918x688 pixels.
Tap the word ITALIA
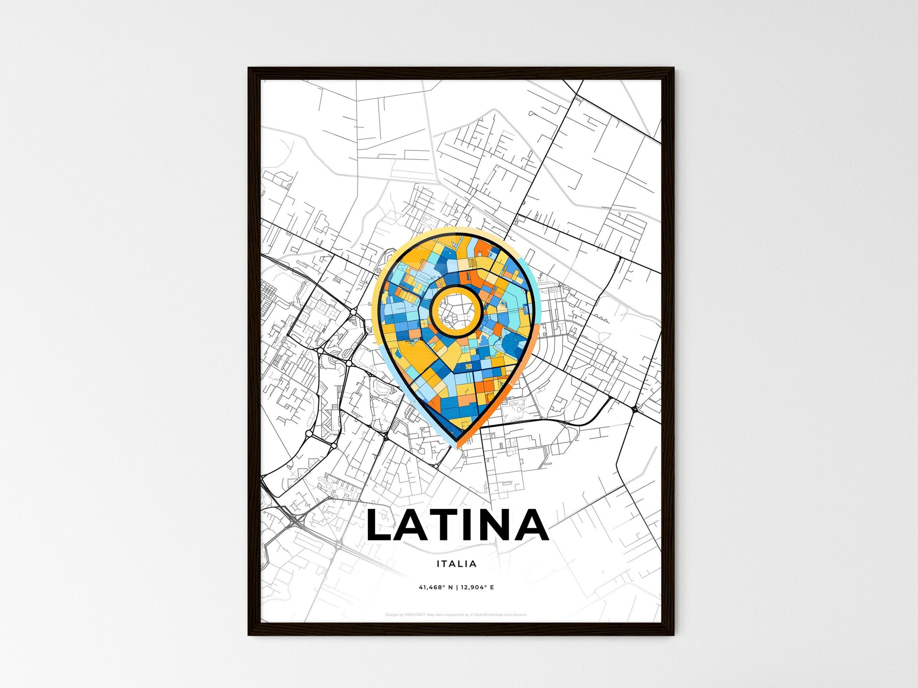pos(457,564)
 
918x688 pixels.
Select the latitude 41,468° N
pos(436,588)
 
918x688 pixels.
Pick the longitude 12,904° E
pos(477,588)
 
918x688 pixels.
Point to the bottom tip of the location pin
pos(457,444)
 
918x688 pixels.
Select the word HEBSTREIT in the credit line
pos(415,615)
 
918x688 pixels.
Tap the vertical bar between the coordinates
pos(457,588)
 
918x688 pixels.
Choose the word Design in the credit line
pos(392,615)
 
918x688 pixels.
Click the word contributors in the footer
pos(516,615)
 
